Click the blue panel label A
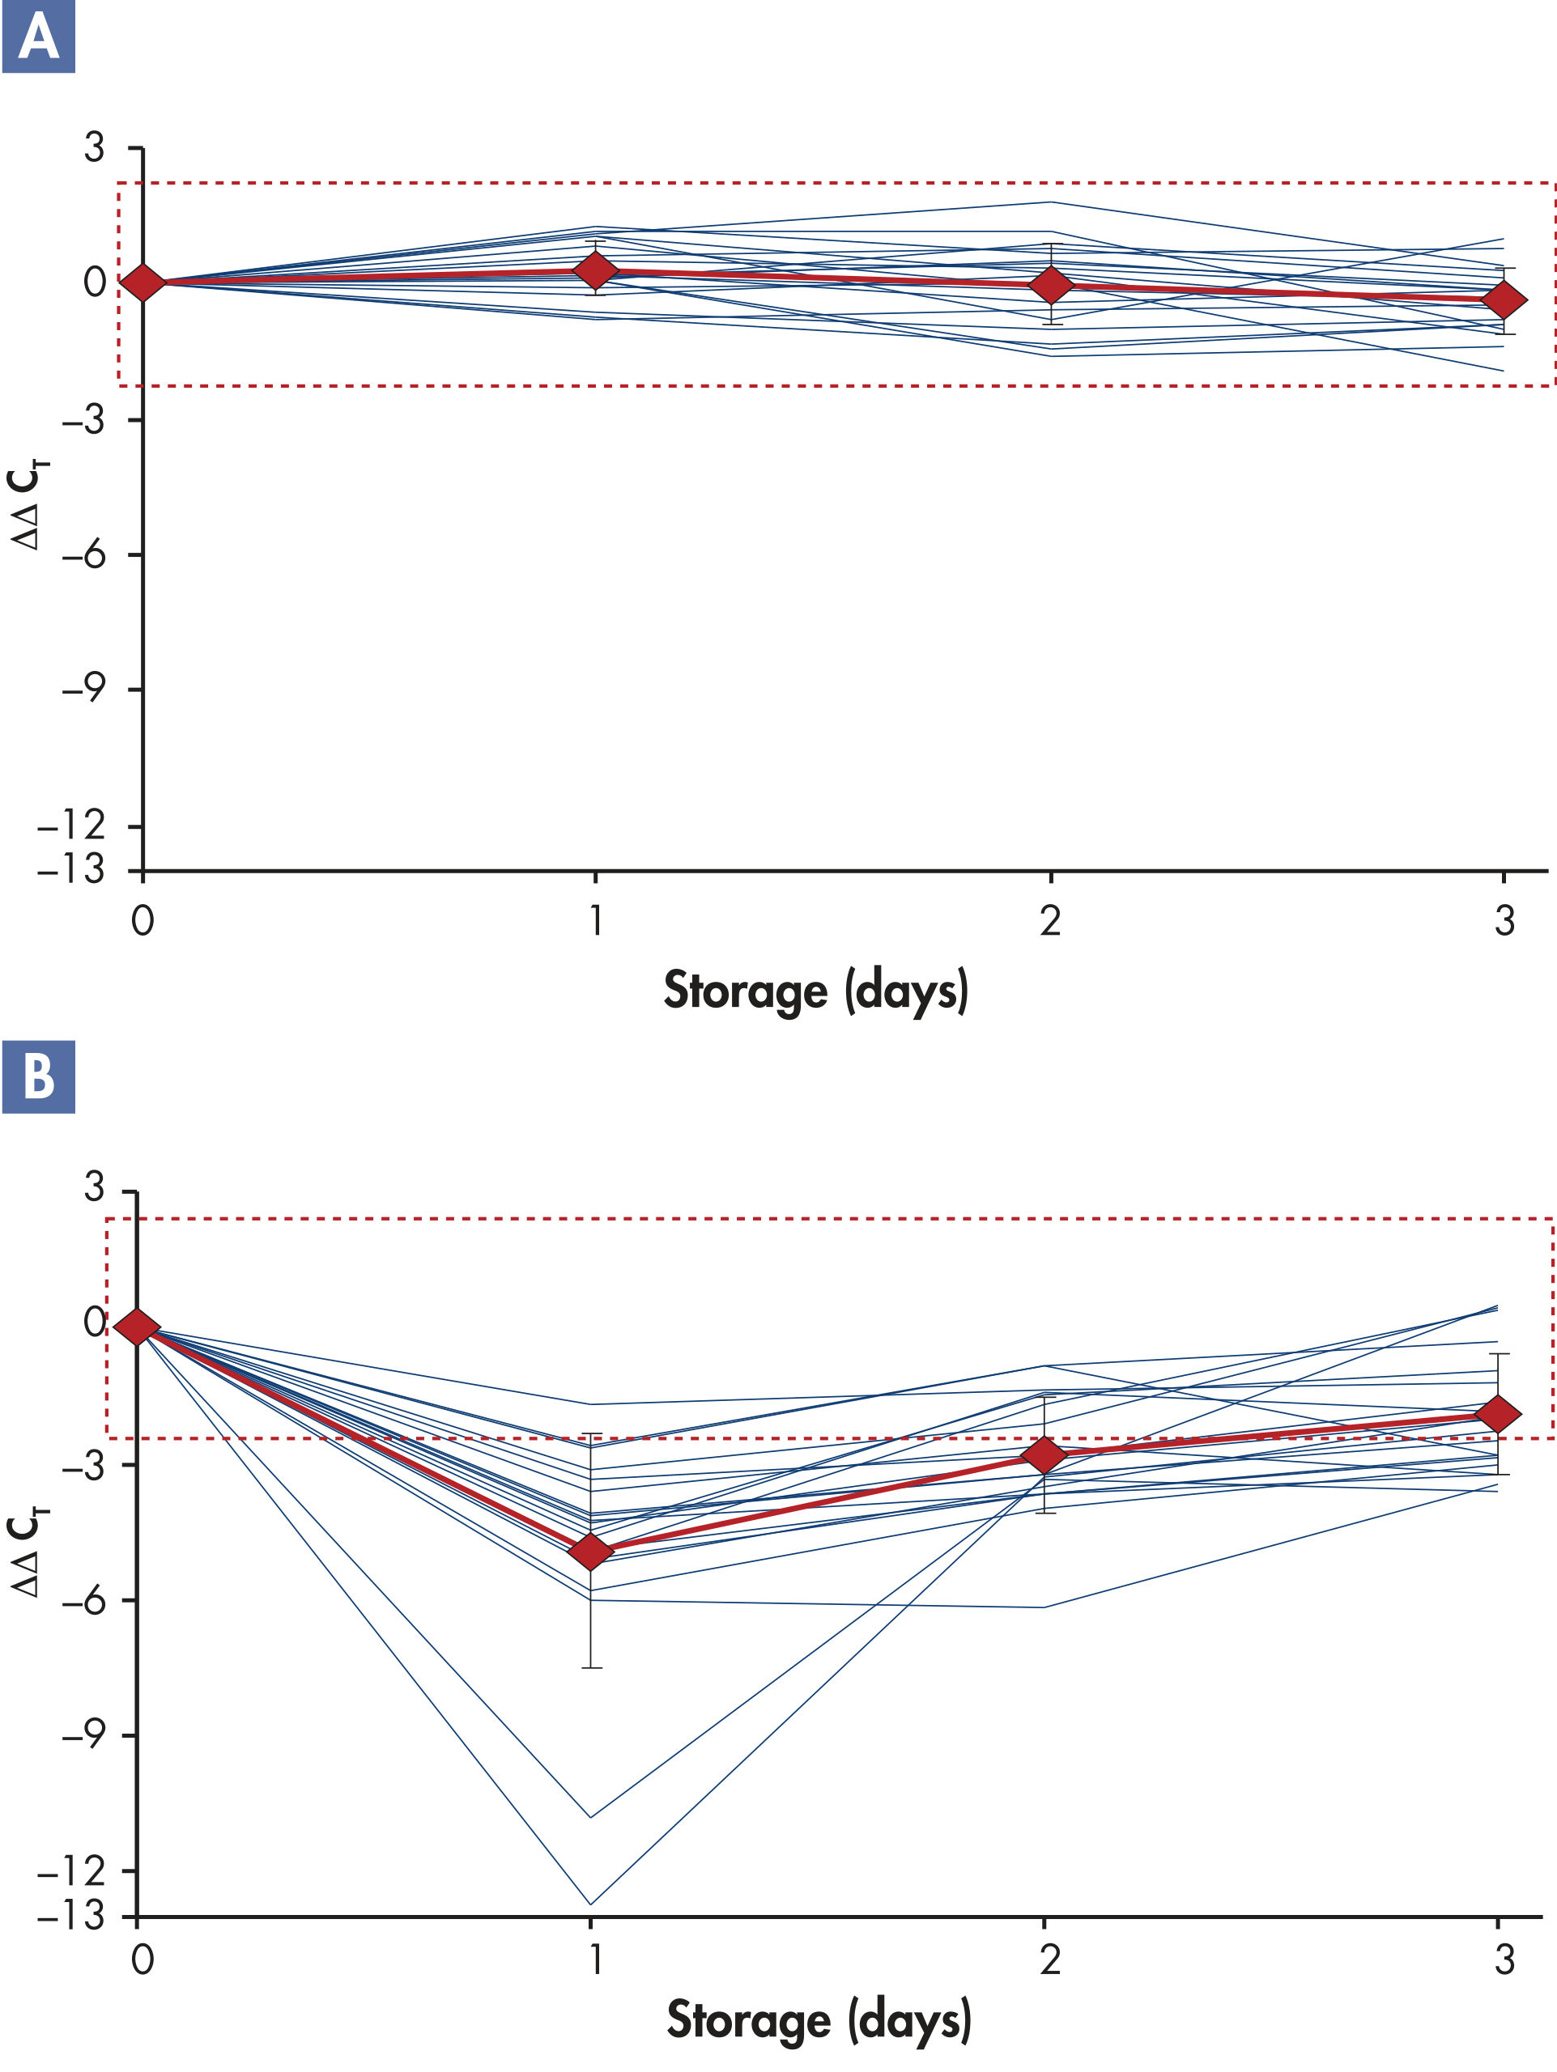coord(38,37)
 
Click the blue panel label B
coord(38,1076)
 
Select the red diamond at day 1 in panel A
coord(595,270)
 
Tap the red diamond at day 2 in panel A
coord(1050,285)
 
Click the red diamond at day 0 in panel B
coord(138,1327)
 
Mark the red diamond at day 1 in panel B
coord(591,1552)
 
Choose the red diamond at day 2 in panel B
coord(1044,1454)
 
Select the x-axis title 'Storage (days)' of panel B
coord(818,2020)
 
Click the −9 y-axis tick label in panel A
coord(83,690)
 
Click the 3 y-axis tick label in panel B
coord(94,1187)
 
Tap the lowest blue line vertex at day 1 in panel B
coord(590,1904)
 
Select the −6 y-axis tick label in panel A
coord(83,555)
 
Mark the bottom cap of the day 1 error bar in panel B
coord(590,1668)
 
